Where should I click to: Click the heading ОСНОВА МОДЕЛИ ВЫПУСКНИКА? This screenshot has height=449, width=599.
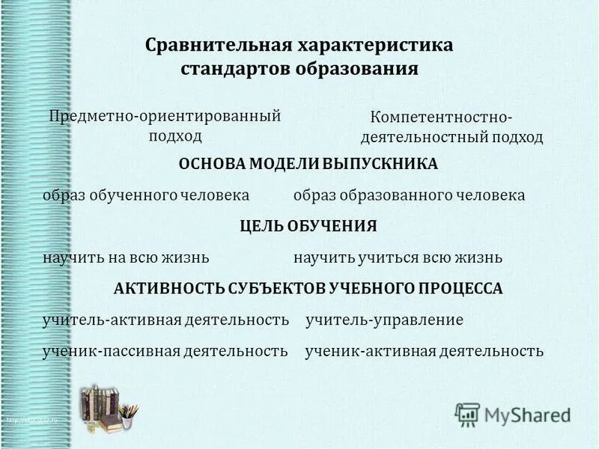308,164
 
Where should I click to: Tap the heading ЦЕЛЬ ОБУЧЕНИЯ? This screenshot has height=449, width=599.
308,226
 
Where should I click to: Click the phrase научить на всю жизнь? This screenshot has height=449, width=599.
126,257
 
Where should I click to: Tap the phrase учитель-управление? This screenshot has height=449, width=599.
385,320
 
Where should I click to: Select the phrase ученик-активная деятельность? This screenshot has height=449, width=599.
425,350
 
